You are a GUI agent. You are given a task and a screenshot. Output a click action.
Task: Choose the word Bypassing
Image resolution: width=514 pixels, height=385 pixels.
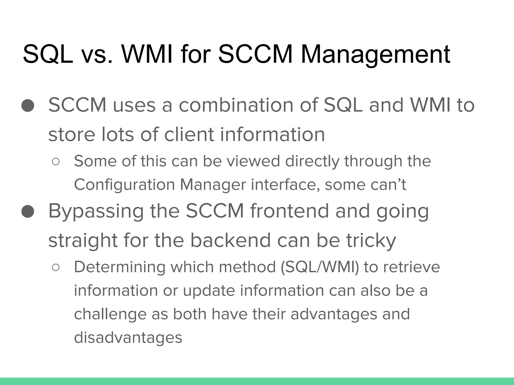(96, 211)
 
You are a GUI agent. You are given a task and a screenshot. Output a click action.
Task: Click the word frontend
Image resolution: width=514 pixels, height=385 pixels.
(289, 211)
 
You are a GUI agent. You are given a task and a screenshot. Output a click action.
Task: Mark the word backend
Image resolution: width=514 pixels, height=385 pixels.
(231, 240)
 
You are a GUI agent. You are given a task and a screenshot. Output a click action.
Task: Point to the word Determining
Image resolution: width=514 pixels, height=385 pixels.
(119, 267)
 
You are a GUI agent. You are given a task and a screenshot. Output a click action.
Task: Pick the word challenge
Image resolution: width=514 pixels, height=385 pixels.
(110, 314)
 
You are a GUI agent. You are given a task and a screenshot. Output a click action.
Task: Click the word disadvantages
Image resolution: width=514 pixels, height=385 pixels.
(128, 337)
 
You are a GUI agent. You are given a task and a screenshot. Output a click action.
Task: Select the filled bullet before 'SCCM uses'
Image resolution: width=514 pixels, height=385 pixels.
(28, 105)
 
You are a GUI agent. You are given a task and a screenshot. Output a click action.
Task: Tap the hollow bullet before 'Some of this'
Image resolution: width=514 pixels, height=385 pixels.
(56, 162)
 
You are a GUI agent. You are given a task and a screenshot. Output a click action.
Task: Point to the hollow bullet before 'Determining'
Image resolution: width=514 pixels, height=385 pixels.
(56, 268)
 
